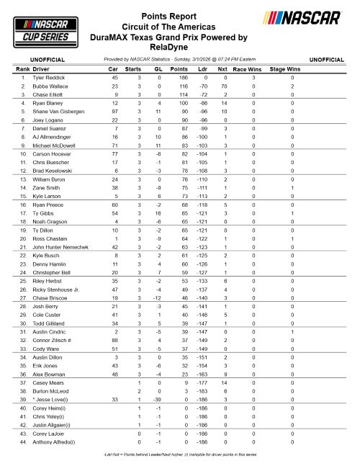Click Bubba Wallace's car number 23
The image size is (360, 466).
[x=114, y=86]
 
